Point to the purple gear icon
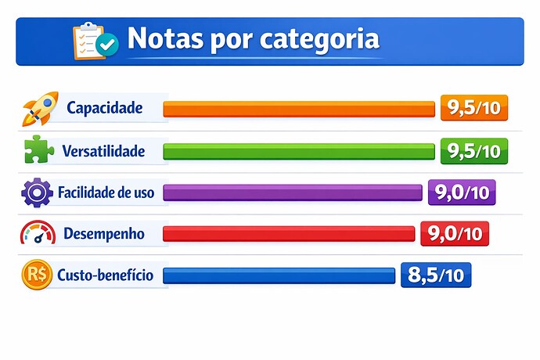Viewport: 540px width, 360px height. point(38,192)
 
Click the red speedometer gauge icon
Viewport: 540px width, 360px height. point(38,233)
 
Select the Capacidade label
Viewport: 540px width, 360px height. point(105,108)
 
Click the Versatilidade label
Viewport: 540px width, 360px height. point(106,150)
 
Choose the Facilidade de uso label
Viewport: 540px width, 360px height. point(106,192)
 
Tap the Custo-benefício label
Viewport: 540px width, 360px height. point(105,275)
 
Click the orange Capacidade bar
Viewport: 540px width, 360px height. point(298,109)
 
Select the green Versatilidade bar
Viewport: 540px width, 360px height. point(298,150)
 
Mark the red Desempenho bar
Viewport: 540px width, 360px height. point(288,233)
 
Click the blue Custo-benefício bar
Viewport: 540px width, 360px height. point(279,275)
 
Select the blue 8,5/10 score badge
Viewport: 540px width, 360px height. point(436,275)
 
